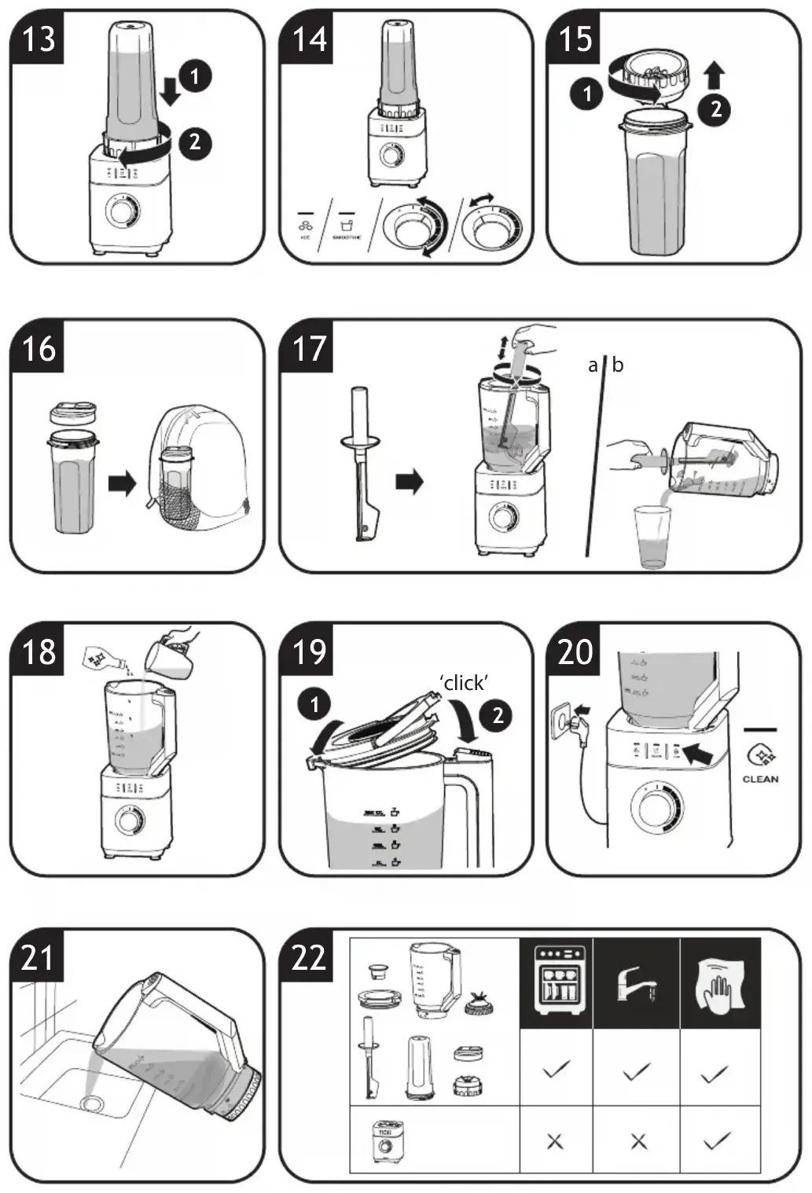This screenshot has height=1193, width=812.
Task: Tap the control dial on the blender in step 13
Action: [122, 211]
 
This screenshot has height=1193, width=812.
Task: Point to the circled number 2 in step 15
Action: [715, 108]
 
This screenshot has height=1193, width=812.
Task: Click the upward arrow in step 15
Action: [714, 76]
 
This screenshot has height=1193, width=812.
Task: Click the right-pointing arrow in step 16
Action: [122, 483]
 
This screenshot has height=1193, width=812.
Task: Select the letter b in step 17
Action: [618, 365]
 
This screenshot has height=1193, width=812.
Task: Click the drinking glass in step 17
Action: [652, 536]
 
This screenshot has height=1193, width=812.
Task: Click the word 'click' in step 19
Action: [464, 682]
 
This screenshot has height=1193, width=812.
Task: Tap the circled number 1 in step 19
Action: [314, 703]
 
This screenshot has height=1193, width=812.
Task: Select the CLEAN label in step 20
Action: [760, 779]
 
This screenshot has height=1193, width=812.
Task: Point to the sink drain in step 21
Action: [92, 1103]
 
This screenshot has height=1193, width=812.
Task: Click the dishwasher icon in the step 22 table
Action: [557, 982]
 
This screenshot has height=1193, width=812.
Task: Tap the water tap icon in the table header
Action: [636, 982]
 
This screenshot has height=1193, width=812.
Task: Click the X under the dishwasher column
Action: [555, 1141]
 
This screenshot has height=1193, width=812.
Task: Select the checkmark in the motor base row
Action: [716, 1141]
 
